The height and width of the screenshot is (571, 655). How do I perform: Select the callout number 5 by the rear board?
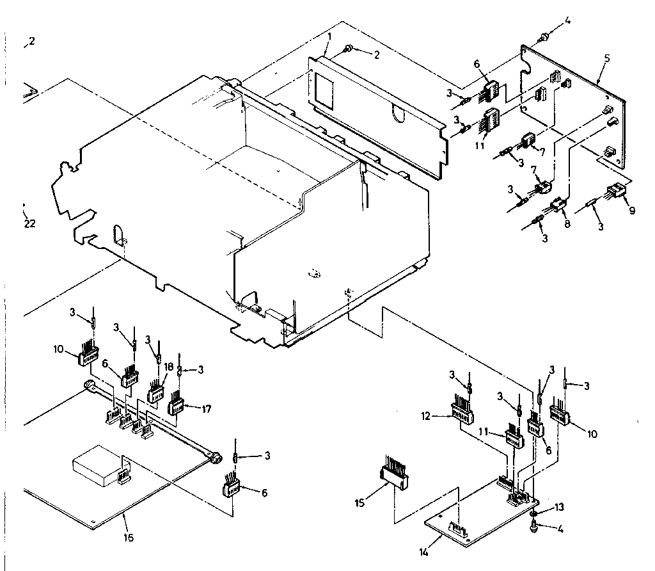click(x=606, y=58)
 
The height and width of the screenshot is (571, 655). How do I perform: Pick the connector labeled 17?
click(x=176, y=405)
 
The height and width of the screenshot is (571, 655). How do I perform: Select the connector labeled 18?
click(x=157, y=391)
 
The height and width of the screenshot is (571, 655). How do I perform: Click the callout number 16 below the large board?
click(x=129, y=537)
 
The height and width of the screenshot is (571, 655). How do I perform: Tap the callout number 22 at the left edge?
click(x=29, y=223)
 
